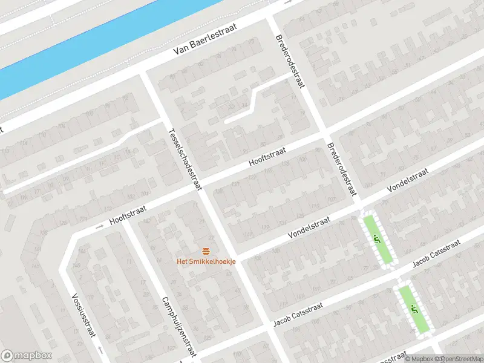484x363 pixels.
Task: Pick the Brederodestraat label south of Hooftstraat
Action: [340, 170]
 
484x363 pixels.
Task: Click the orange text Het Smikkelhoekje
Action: [205, 261]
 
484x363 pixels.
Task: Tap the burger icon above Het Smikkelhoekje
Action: [205, 251]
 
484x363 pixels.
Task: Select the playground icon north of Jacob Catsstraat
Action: [378, 239]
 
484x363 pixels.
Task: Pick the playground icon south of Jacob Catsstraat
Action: [414, 310]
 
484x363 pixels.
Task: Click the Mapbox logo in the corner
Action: [27, 356]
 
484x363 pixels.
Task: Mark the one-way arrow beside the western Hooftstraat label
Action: [99, 227]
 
